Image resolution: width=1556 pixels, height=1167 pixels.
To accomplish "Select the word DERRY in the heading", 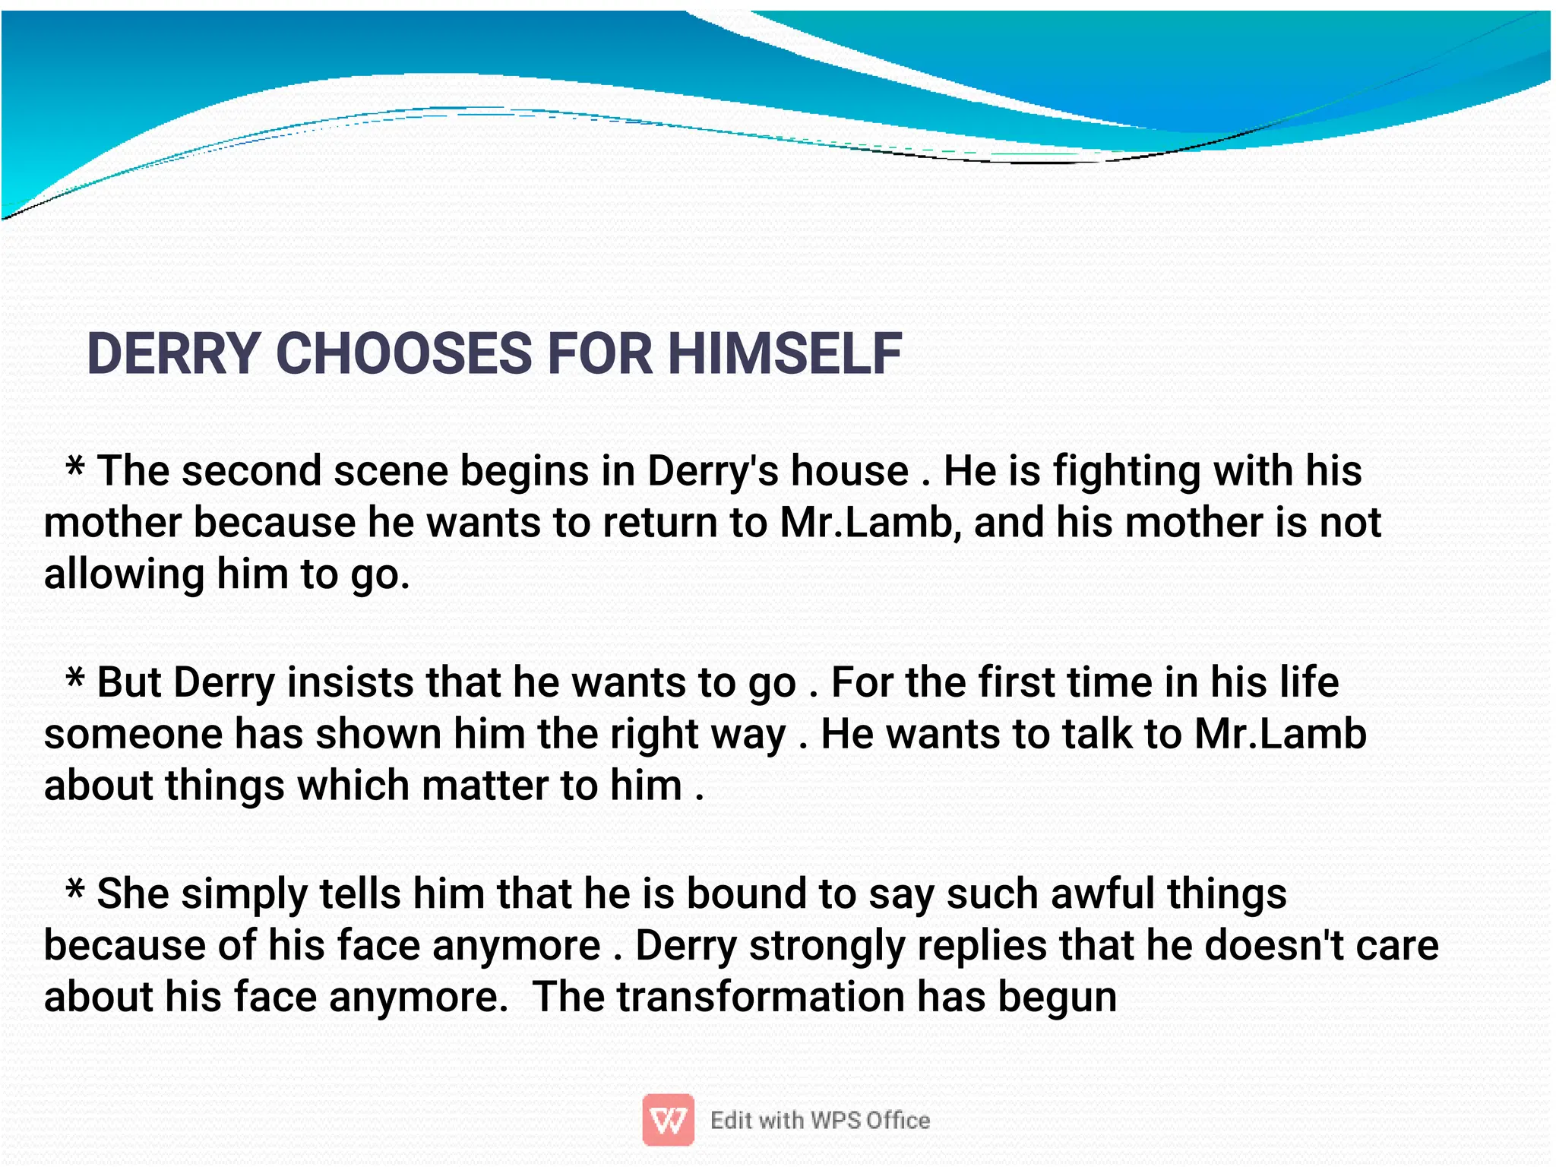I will click(x=174, y=354).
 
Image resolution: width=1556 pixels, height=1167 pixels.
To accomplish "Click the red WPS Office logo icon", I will click(x=668, y=1119).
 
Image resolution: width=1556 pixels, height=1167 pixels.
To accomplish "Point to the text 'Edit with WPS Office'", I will click(x=820, y=1120).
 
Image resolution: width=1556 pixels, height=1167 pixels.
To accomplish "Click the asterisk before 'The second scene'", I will click(x=74, y=466).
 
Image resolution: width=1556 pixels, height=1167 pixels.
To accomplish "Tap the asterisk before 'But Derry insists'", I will click(x=74, y=677).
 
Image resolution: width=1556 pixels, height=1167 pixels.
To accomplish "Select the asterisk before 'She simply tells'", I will click(x=74, y=888).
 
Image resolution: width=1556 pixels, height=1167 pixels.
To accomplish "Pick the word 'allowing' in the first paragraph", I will click(x=124, y=574).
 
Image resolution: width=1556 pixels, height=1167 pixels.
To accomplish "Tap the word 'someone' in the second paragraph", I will click(x=133, y=734).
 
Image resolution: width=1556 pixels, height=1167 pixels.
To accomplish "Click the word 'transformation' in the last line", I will click(x=761, y=997).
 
